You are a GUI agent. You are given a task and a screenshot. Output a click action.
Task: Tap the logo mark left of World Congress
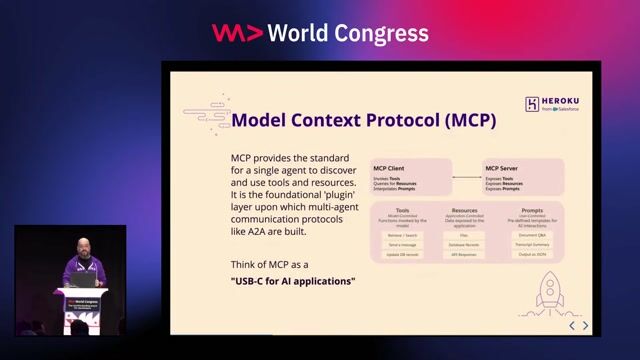point(237,32)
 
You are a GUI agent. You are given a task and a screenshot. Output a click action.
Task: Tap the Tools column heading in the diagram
point(402,211)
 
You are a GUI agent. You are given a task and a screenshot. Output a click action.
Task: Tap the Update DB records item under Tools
point(402,254)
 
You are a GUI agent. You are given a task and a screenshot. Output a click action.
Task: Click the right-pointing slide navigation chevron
point(586,325)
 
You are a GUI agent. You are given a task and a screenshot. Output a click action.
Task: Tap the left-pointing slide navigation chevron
point(572,325)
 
